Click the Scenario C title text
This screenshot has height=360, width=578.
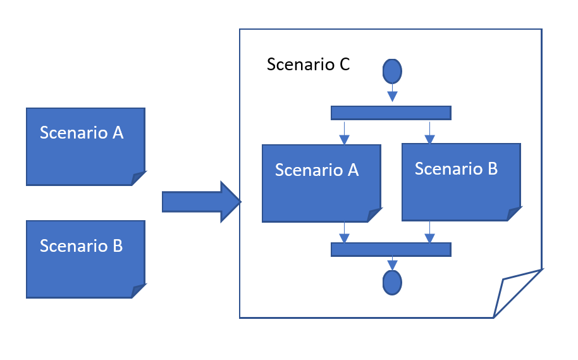point(308,65)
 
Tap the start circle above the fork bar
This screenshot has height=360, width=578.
point(392,70)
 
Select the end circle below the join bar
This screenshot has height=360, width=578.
point(392,282)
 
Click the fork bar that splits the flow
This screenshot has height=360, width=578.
point(391,113)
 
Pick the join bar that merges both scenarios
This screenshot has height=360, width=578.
point(391,249)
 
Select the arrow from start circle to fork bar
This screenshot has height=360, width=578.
point(392,92)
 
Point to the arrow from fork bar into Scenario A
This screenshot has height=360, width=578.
point(344,132)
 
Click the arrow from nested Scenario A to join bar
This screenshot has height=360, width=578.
point(344,232)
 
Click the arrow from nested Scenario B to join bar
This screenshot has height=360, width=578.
point(430,232)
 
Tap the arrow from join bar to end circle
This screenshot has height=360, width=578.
point(392,263)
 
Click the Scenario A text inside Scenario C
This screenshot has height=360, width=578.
point(317,170)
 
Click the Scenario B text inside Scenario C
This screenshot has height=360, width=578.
point(456,169)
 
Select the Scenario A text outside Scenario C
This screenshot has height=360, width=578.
point(82,133)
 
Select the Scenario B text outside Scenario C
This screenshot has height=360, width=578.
point(82,245)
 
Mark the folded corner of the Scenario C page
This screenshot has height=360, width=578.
point(514,295)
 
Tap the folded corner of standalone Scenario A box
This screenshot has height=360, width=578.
point(138,178)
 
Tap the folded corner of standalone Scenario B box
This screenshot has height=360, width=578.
point(138,291)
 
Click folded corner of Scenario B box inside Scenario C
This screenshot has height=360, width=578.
point(513,214)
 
